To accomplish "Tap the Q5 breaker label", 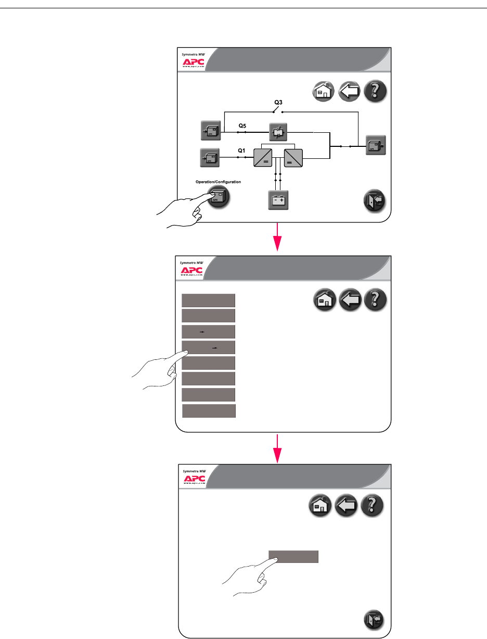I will point(242,126).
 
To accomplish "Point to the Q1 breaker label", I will point(241,150).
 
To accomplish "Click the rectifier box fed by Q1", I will point(263,157).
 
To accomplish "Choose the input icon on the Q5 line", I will point(211,131).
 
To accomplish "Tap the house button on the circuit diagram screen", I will point(322,92).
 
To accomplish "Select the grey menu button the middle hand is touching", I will point(209,347).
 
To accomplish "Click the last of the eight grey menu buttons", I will point(209,410).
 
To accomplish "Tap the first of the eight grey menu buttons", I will point(209,300).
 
